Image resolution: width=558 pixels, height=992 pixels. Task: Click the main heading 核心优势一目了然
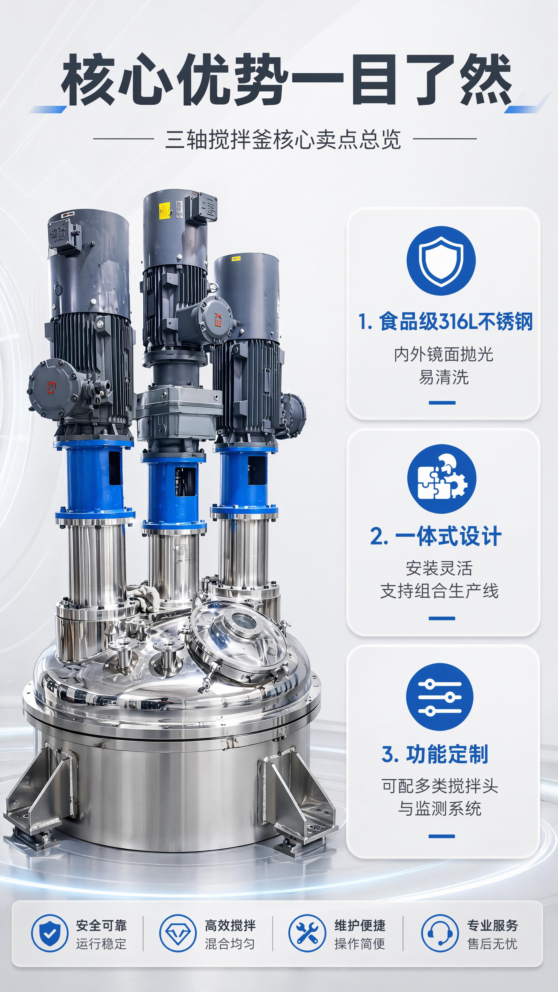(286, 80)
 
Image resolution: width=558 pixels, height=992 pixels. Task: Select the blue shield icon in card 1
(441, 261)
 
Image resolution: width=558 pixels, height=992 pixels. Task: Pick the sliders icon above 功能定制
(440, 697)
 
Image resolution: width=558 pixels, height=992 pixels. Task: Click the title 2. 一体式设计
(436, 536)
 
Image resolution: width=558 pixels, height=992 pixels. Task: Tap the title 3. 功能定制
(435, 754)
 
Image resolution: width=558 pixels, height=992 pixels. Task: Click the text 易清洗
(444, 377)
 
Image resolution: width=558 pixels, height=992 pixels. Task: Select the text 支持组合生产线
(439, 591)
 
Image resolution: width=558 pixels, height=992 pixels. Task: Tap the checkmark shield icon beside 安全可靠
(50, 933)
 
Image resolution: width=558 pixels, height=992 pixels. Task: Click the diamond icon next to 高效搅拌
(178, 933)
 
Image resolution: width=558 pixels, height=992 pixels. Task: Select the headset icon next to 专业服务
(440, 933)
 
